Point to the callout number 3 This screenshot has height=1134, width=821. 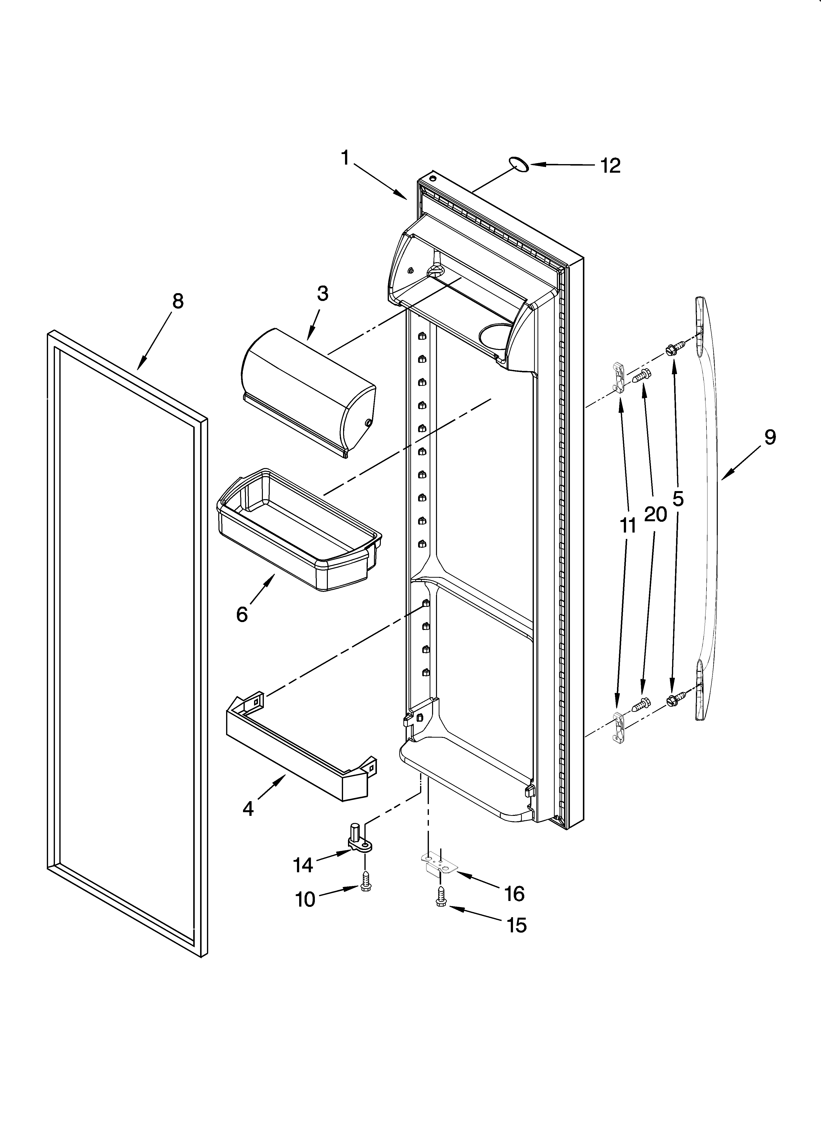point(322,294)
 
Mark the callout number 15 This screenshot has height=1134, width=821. point(516,925)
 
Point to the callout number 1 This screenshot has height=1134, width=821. point(345,158)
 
